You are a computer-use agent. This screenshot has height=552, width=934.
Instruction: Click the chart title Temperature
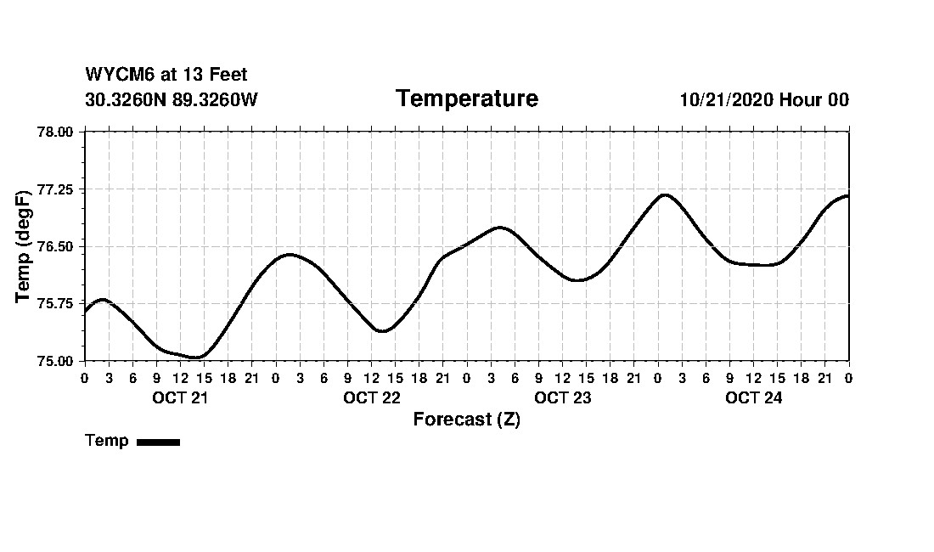tap(466, 99)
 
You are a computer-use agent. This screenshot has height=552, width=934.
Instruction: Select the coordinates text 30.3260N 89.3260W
tap(171, 99)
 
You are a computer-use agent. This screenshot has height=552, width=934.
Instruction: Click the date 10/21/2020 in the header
tap(726, 99)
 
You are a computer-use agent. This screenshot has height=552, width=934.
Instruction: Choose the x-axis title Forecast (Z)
tap(466, 420)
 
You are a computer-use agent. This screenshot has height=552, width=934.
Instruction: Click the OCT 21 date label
tap(180, 397)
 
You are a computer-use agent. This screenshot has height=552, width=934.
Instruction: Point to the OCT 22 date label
tap(371, 397)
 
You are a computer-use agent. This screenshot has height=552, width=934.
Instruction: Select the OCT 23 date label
tap(562, 397)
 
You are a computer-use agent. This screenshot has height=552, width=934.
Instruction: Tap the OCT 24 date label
tap(753, 397)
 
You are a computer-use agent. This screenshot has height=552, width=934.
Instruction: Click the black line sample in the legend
tap(158, 442)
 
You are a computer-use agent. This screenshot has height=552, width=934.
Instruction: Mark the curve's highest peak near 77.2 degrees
tap(664, 194)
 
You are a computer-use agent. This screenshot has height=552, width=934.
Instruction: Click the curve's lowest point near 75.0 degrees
tap(197, 358)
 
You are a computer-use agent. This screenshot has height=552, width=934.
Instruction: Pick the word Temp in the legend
tap(107, 441)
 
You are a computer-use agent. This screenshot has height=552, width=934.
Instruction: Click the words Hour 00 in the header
tap(813, 99)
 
